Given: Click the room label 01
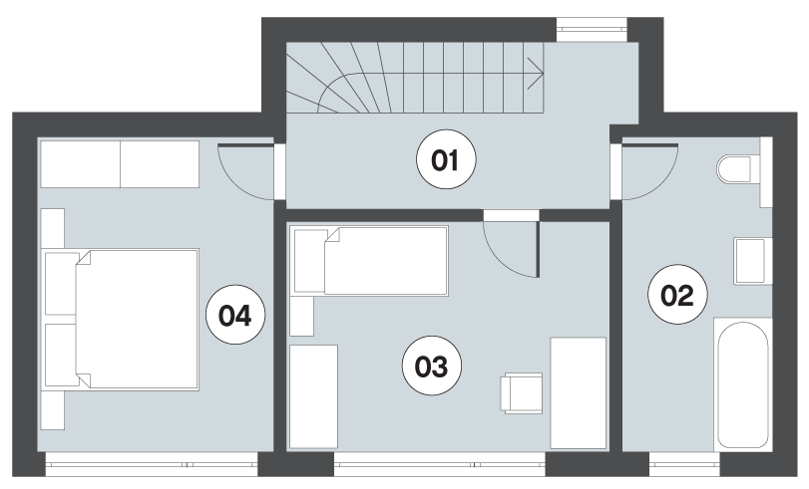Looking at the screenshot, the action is click(x=446, y=159).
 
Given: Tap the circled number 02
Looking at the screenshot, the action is click(x=677, y=294).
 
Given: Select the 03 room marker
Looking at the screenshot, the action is click(x=432, y=366).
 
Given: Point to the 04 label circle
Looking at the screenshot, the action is click(x=235, y=315).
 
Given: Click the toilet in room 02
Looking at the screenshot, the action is click(x=733, y=169).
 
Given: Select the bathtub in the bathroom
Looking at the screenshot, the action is click(x=742, y=384).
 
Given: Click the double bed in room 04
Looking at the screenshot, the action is click(x=122, y=320).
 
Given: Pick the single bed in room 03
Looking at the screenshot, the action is click(x=369, y=260).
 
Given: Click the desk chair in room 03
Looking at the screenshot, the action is click(x=522, y=393).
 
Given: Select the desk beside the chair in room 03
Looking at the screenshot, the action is click(x=578, y=393).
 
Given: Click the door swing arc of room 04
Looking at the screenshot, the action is click(x=246, y=171).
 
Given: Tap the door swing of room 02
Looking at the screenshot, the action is click(x=650, y=171).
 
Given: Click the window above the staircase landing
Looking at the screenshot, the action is click(x=592, y=30).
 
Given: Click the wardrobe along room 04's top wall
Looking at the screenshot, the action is click(x=120, y=164).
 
